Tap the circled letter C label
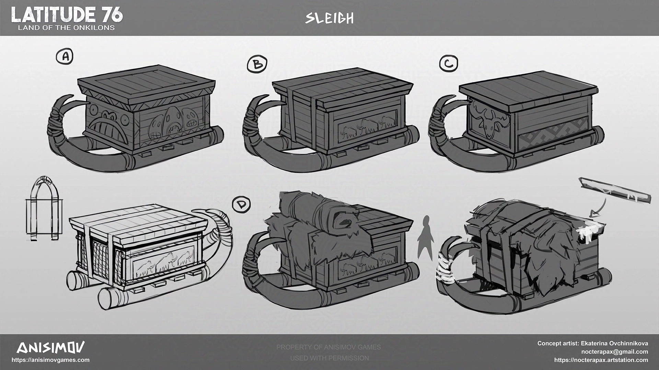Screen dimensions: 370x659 pos(449,63)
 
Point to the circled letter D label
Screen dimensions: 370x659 pos(242,205)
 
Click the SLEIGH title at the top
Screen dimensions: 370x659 pos(329,18)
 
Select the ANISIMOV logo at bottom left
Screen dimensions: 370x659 pos(50,348)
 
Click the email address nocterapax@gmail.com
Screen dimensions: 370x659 pos(614,351)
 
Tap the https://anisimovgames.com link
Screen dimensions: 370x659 pos(50,360)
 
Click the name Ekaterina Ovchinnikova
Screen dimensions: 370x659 pos(614,343)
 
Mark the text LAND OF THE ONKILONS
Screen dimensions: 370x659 pos(66,28)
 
